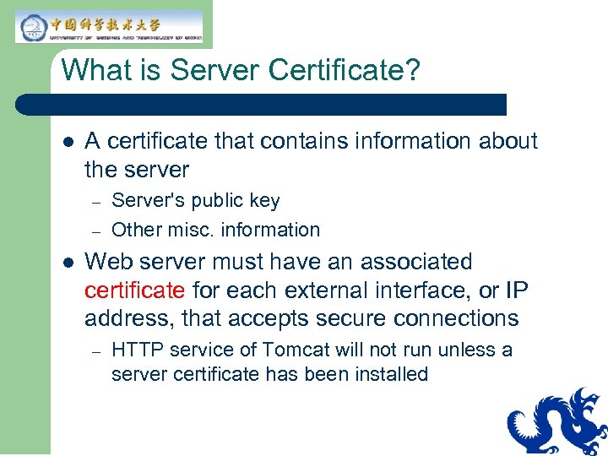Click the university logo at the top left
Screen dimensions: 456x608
[109, 26]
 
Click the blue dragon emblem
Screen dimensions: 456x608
[557, 422]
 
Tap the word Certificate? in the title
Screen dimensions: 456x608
[344, 70]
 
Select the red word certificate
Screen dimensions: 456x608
[134, 290]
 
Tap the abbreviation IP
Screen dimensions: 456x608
[516, 290]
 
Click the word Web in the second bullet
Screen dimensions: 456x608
[106, 262]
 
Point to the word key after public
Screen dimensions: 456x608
[264, 201]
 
